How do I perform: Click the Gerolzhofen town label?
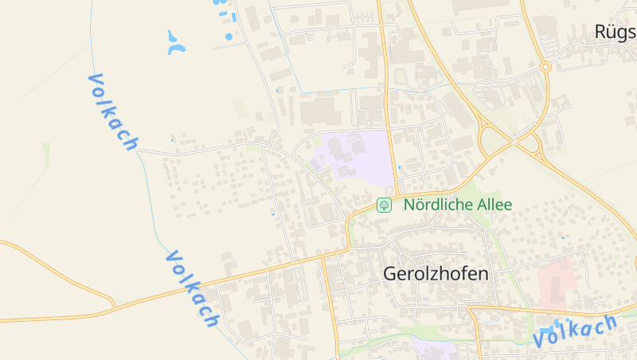[x=436, y=273]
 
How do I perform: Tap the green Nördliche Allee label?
[x=458, y=205]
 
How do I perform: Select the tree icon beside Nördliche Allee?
[x=384, y=205]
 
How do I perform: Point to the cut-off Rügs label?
[x=616, y=32]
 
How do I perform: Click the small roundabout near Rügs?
[x=545, y=67]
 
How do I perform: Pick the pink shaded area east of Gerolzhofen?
[x=557, y=284]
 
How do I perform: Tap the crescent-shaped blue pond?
[x=174, y=43]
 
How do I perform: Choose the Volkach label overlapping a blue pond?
[x=575, y=330]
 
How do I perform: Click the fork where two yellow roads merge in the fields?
[x=114, y=306]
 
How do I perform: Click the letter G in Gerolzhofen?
[x=390, y=273]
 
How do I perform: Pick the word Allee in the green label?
[x=494, y=205]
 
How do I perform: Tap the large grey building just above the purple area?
[x=320, y=111]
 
